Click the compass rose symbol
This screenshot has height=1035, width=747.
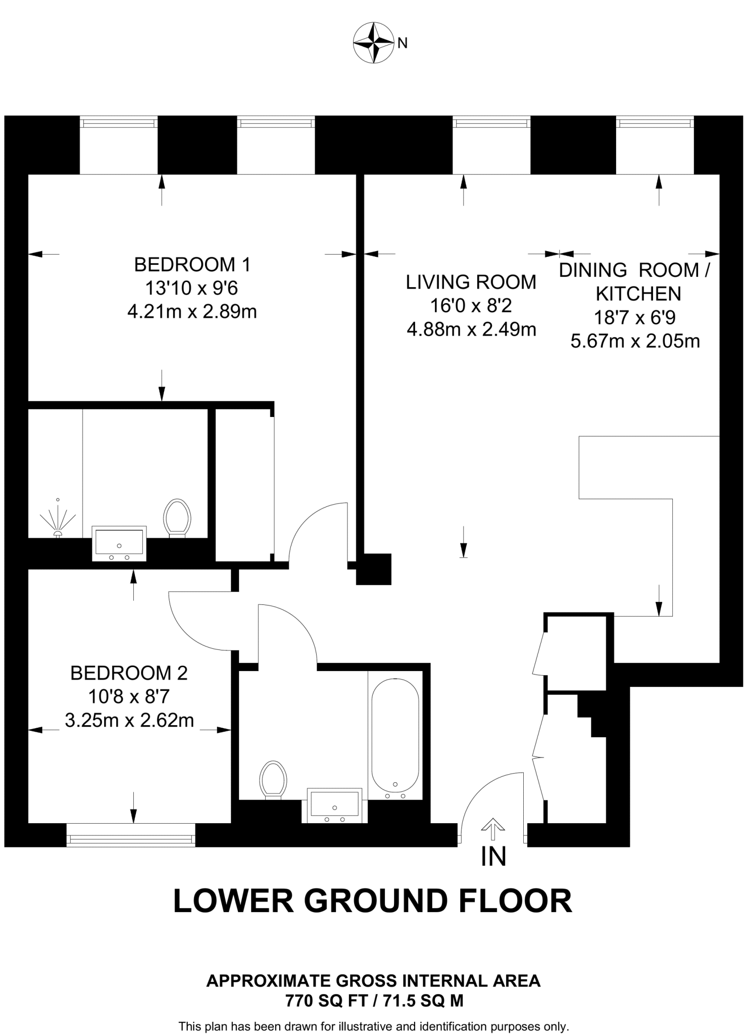373,42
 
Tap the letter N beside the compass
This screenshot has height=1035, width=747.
403,43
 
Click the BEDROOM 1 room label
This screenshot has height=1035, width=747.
192,264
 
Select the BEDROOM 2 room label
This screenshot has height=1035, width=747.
129,673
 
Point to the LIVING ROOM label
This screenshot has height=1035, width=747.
471,282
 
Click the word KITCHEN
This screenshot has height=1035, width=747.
638,294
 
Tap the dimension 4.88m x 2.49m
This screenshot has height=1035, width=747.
471,330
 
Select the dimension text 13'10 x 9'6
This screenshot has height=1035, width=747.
192,288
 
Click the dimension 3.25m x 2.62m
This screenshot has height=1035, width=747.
129,720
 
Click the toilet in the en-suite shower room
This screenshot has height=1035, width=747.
177,518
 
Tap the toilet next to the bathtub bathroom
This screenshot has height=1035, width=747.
273,780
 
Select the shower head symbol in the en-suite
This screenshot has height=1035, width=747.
58,521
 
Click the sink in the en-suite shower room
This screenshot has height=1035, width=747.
119,543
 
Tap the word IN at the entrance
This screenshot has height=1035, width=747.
493,856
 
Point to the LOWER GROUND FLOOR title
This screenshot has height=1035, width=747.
373,901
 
